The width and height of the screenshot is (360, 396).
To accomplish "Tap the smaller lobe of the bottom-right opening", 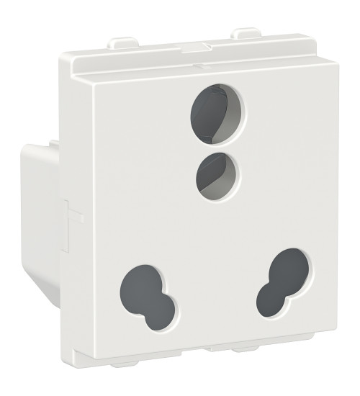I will coord(270,293).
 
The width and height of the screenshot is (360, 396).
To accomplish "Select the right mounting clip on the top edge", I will coord(246,34).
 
